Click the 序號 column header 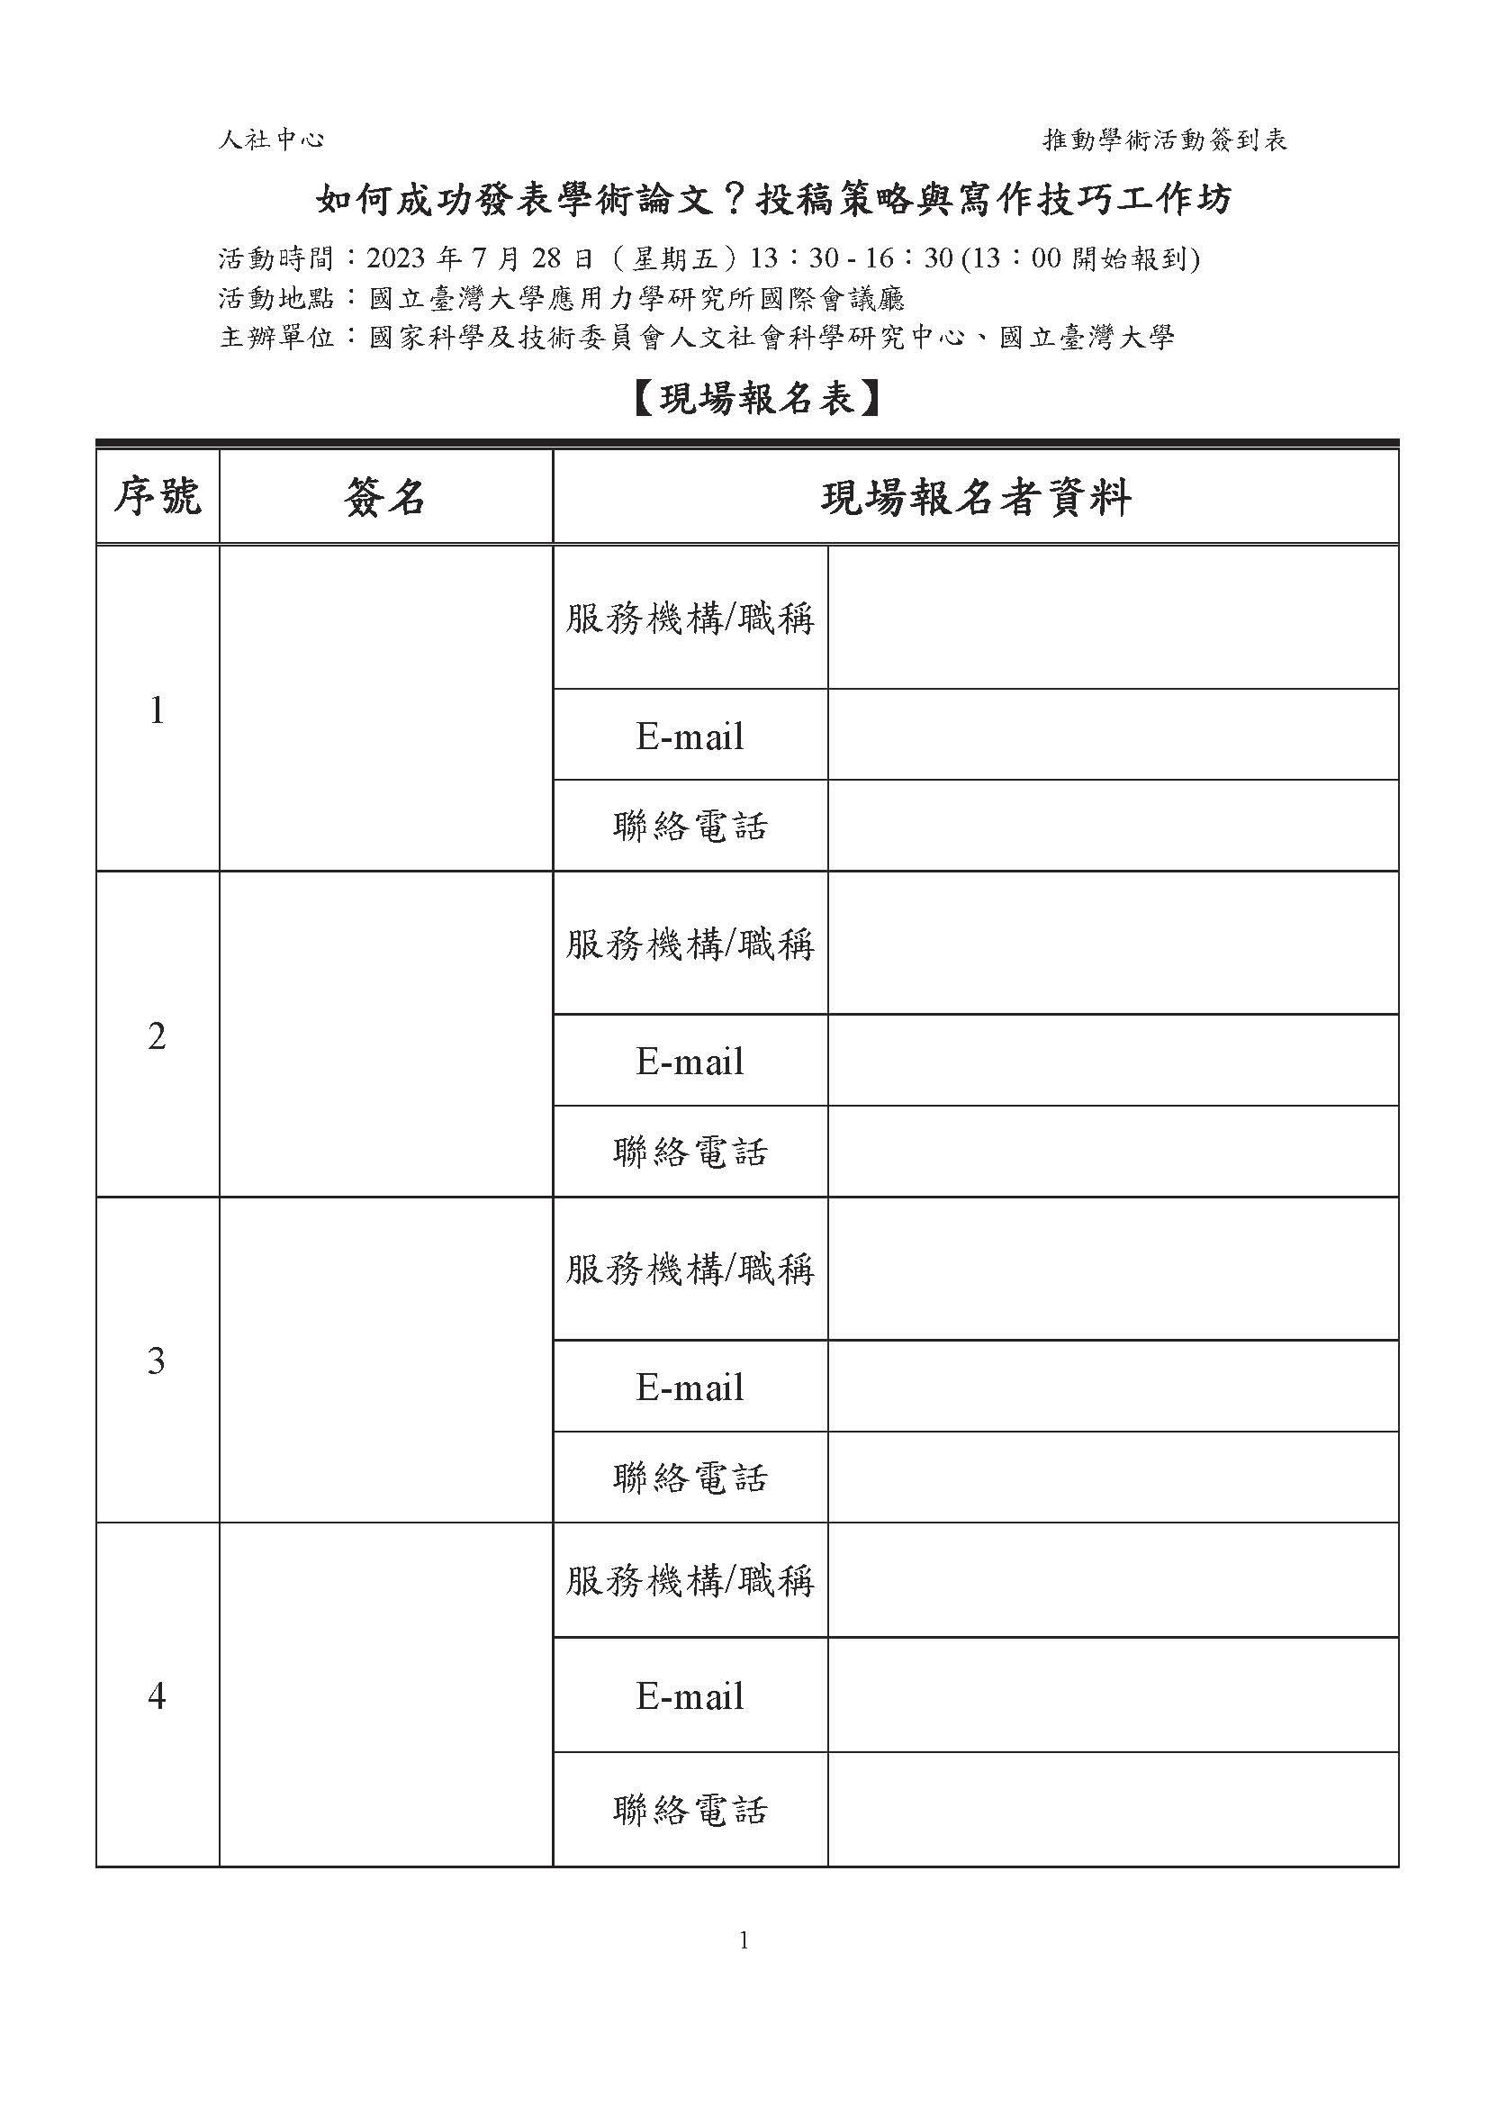[157, 498]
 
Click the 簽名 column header [385, 498]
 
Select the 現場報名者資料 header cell [975, 498]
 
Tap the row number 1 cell [157, 710]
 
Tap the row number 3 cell [157, 1360]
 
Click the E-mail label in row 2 [690, 1062]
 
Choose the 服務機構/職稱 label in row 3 [690, 1270]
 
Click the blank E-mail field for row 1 [1112, 735]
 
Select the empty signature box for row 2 [385, 1035]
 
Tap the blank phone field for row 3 [1112, 1477]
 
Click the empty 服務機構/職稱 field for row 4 [1112, 1580]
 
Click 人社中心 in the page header [271, 140]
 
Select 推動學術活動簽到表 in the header [1165, 140]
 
